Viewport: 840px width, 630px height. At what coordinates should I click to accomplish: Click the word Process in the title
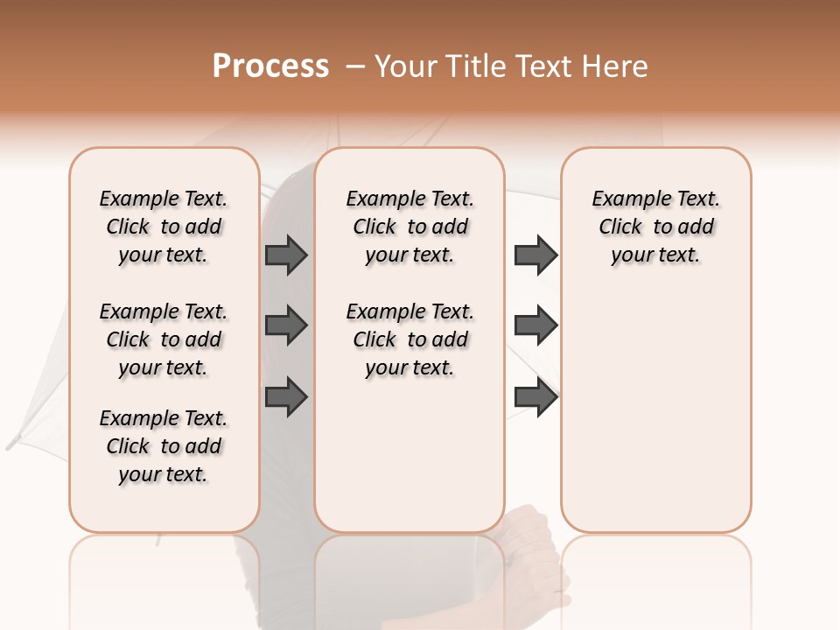[x=270, y=66]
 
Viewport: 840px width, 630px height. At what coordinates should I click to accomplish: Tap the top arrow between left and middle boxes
[x=286, y=255]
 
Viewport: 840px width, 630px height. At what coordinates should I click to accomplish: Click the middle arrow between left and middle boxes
[x=286, y=325]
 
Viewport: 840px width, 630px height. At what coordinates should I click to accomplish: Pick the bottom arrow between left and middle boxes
[x=286, y=397]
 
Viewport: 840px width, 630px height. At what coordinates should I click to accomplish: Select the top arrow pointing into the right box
[x=535, y=255]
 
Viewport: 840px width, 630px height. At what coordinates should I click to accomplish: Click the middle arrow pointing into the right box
[x=535, y=325]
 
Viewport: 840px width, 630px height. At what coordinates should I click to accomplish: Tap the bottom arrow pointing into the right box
[x=535, y=397]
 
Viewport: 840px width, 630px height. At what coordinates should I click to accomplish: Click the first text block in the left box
[x=164, y=227]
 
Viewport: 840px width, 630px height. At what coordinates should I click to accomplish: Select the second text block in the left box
[x=164, y=339]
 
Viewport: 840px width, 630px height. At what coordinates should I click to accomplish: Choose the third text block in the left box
[x=164, y=446]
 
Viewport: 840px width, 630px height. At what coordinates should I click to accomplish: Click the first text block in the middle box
[x=409, y=227]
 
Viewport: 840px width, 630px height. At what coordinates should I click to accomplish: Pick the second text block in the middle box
[x=409, y=339]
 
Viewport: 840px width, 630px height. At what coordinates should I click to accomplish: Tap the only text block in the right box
[x=655, y=227]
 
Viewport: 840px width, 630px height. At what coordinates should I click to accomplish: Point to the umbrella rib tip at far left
[x=12, y=443]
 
